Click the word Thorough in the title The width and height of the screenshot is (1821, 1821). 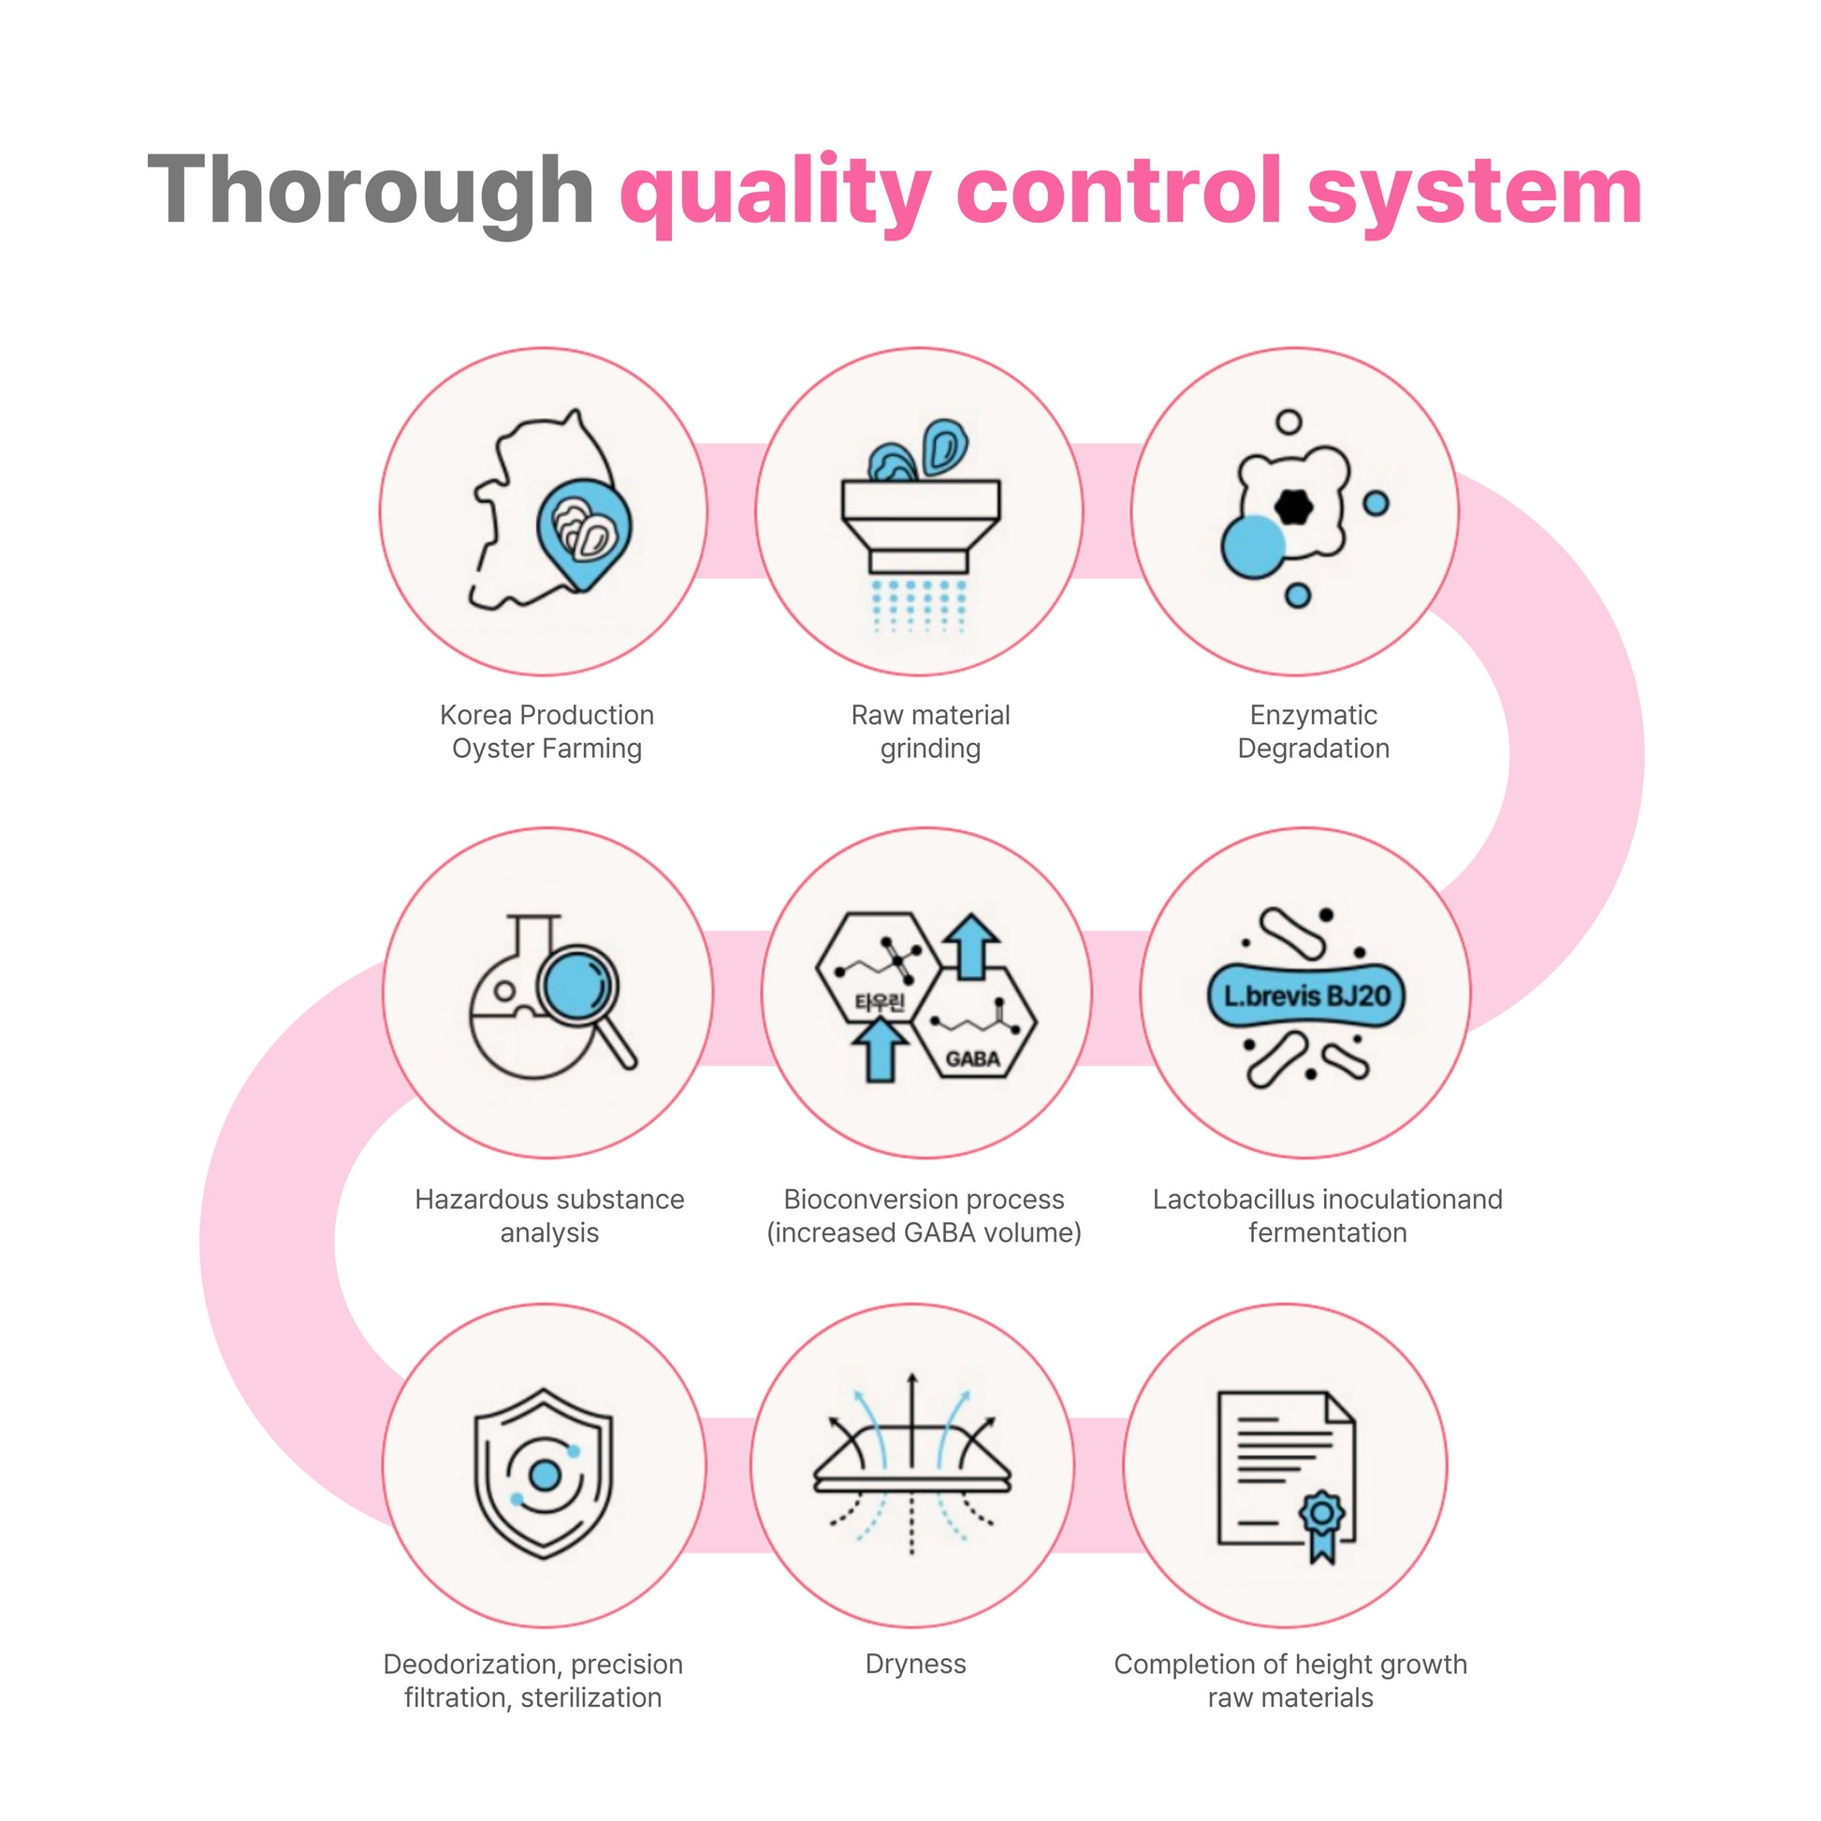[x=370, y=191]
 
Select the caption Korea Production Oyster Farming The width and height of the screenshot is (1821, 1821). [x=546, y=732]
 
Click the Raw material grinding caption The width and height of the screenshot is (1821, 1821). [x=930, y=732]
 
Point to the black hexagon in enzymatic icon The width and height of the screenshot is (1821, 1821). [x=1293, y=507]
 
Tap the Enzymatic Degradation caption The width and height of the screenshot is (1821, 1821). [x=1313, y=732]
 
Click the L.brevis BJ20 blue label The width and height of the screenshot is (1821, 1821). [x=1306, y=997]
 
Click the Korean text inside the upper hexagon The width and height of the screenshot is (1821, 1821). [x=880, y=1002]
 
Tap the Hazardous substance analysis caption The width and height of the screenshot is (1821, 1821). [x=549, y=1216]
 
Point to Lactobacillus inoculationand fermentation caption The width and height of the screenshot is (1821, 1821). [x=1327, y=1216]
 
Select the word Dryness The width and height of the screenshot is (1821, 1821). [x=915, y=1665]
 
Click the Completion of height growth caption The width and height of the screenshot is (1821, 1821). [x=1290, y=1681]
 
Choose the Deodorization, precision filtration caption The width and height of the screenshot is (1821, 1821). [x=533, y=1681]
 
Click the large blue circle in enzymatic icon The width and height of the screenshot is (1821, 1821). [x=1254, y=546]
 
